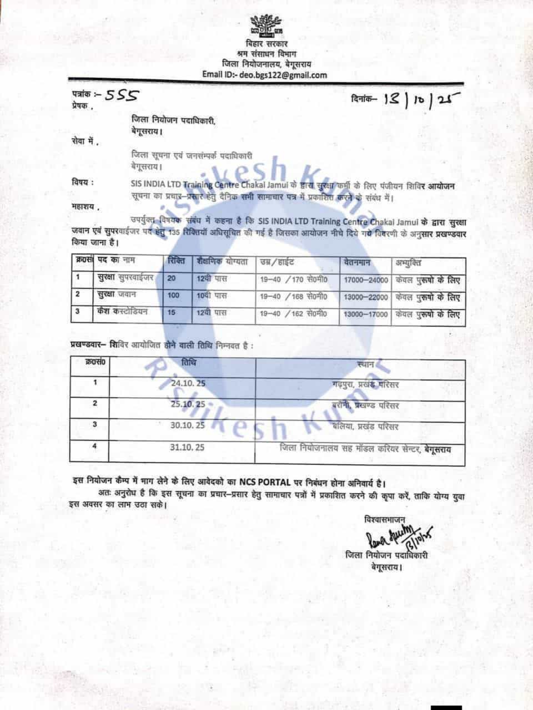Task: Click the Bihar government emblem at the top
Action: (x=265, y=24)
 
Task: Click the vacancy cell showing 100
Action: (x=174, y=296)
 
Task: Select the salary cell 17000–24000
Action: (x=366, y=281)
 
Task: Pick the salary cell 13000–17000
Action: (x=366, y=315)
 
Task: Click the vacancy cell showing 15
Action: (x=172, y=313)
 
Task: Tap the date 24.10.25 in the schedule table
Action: (x=188, y=383)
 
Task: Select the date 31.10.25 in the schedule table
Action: (x=188, y=447)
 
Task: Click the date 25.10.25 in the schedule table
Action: (x=188, y=404)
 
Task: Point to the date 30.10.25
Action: (x=188, y=425)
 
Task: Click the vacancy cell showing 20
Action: (x=172, y=279)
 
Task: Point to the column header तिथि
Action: (x=188, y=363)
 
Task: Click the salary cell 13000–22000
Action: (x=366, y=298)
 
